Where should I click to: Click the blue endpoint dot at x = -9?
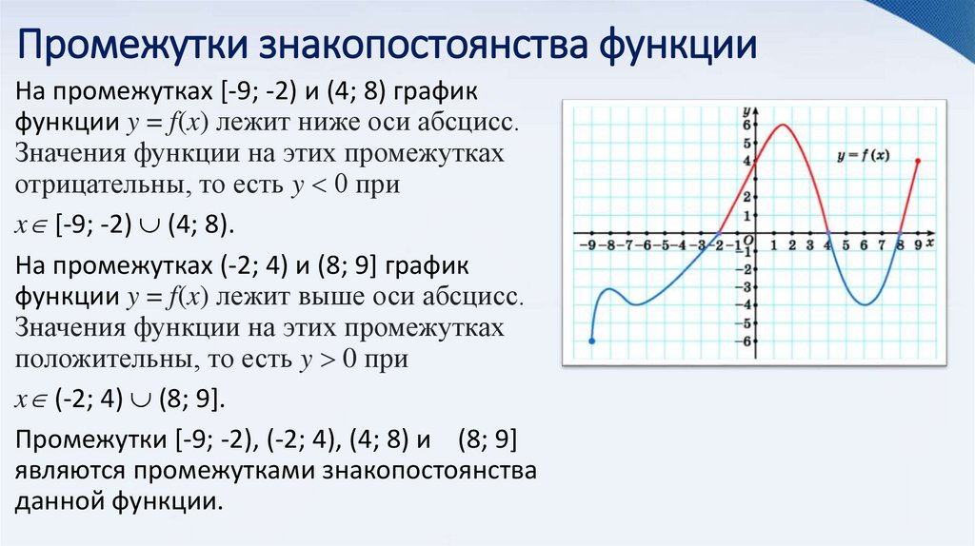592,341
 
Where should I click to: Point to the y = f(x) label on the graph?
862,155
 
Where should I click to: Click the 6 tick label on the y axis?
748,126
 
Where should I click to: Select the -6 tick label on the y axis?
746,341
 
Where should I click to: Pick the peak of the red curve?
783,125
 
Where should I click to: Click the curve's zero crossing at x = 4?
828,233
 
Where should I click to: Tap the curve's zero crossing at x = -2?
720,233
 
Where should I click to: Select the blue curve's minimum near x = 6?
864,304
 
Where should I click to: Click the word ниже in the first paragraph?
330,124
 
